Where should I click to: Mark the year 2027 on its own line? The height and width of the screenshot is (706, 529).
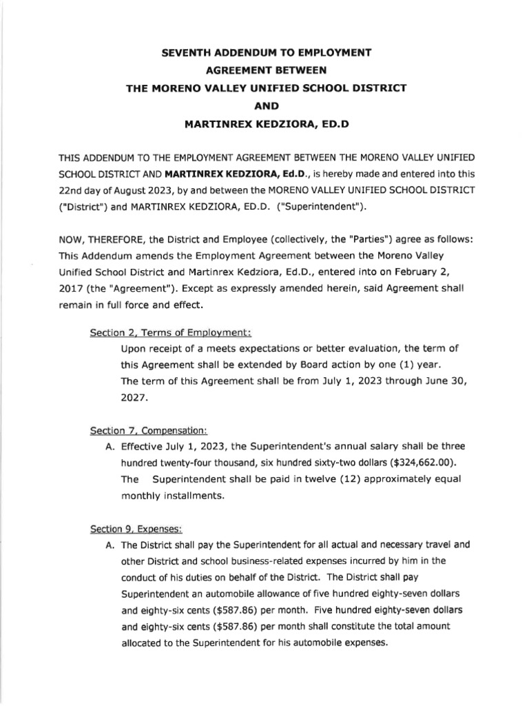tap(134, 398)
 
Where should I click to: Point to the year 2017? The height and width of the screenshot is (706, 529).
tap(70, 287)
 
